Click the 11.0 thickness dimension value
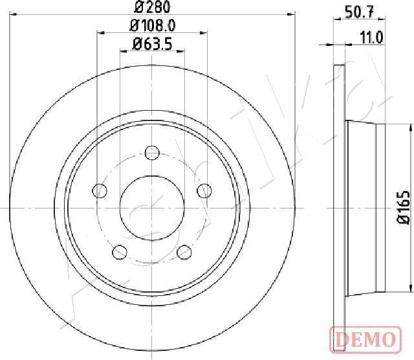pyautogui.click(x=371, y=37)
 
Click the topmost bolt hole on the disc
pyautogui.click(x=153, y=153)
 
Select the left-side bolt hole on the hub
pyautogui.click(x=100, y=190)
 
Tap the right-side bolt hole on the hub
pyautogui.click(x=205, y=190)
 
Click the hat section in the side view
pyautogui.click(x=365, y=207)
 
